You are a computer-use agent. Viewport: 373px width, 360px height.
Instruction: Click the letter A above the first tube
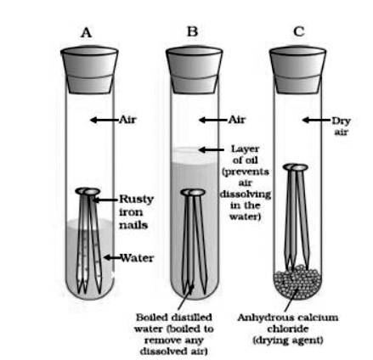pos(86,32)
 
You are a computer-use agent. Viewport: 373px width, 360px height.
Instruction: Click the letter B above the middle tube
pos(193,31)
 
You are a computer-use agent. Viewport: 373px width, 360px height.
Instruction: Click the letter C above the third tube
pos(299,31)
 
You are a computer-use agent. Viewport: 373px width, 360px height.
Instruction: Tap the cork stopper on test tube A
pos(89,70)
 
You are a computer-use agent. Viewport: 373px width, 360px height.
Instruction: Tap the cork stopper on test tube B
pos(195,70)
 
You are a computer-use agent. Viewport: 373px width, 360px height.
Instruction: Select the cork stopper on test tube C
pos(297,70)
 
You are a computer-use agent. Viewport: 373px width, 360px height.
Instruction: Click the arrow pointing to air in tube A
pos(105,120)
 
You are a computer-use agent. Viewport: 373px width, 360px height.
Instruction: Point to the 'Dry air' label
pos(342,127)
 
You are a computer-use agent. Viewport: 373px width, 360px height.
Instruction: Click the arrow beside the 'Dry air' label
pos(317,120)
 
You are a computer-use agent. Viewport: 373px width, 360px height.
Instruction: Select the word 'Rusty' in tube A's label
pos(136,200)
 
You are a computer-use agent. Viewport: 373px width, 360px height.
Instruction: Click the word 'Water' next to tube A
pos(137,258)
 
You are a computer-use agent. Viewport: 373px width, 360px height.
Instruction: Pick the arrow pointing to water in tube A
pos(112,257)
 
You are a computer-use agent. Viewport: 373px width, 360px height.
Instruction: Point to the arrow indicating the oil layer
pos(212,149)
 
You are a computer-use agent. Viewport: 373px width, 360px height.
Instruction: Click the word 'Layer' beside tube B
pos(246,149)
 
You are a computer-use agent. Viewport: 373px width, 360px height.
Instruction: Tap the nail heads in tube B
pos(193,193)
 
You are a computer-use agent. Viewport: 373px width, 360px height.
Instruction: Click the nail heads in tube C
pos(296,167)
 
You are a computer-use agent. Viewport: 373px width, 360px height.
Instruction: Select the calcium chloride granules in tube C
pos(297,282)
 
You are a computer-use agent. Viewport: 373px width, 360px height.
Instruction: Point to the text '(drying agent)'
pos(287,340)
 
